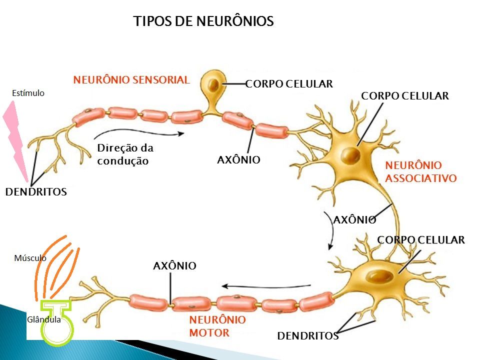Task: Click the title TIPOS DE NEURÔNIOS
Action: [203, 21]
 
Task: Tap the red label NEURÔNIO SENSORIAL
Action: [131, 79]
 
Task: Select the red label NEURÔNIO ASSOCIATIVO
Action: [420, 171]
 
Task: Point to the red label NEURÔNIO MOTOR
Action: [217, 326]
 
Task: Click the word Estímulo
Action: [28, 93]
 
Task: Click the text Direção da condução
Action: [125, 154]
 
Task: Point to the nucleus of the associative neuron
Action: [350, 153]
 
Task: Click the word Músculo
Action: [30, 258]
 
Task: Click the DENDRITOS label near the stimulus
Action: [36, 191]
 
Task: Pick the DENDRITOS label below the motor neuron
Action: [308, 336]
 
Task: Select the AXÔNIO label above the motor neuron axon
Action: [174, 266]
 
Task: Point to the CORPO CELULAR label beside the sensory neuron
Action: [289, 84]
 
